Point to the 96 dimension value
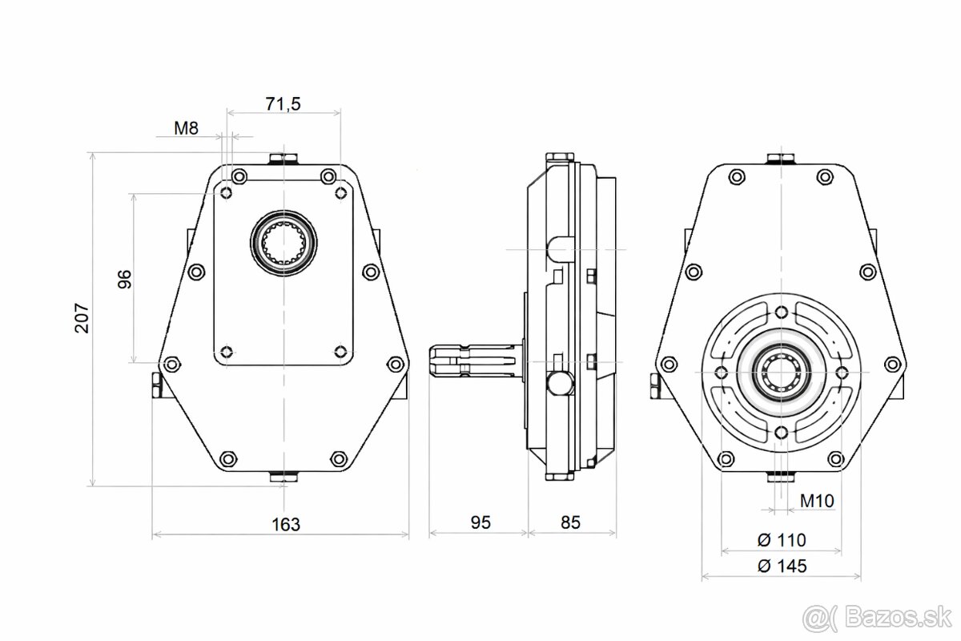click(124, 278)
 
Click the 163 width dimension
click(285, 525)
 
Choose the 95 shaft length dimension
click(480, 523)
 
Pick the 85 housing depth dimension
click(569, 523)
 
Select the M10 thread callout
click(817, 501)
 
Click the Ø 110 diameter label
click(782, 539)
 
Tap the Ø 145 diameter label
click(782, 566)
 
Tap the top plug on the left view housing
click(283, 158)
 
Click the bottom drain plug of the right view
click(782, 477)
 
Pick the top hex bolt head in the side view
click(561, 158)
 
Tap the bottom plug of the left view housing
click(283, 478)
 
